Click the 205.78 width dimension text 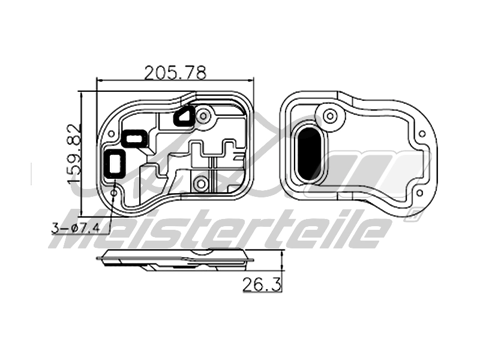[x=175, y=72]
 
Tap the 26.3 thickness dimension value [x=262, y=284]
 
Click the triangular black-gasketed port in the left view [x=184, y=116]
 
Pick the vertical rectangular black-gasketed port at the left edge [x=115, y=163]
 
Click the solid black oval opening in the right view [x=310, y=153]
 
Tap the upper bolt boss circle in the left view [x=204, y=115]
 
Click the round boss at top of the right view [x=329, y=115]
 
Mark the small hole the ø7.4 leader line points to [x=113, y=193]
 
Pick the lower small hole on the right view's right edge [x=419, y=193]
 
